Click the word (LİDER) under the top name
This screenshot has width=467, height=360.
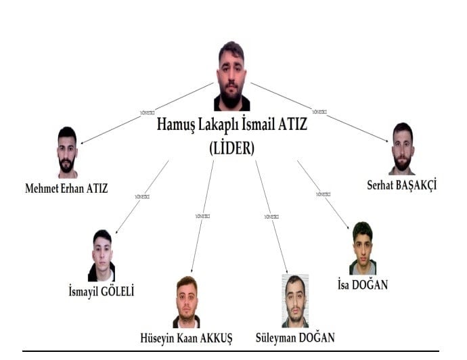coord(232,149)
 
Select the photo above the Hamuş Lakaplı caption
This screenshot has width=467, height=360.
coord(231,76)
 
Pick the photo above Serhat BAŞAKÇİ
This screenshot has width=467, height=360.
coord(402,148)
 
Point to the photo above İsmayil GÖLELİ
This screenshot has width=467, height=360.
coord(102,256)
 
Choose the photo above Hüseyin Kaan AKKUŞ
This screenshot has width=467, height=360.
coord(186,302)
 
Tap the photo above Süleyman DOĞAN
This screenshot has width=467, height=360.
coord(294,301)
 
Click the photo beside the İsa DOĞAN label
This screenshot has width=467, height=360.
coord(362,248)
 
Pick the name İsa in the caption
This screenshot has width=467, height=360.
coord(345,285)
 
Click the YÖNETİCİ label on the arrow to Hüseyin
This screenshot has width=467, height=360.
coord(202,216)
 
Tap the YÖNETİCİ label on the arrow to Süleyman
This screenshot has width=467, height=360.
coord(271,216)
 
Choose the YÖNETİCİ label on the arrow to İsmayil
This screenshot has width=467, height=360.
coord(142,196)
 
